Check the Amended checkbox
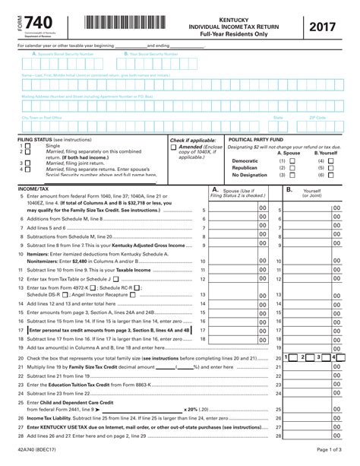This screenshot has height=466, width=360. [173, 147]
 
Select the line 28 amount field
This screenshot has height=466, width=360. [315, 436]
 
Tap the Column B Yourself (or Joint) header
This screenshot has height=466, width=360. [313, 192]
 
